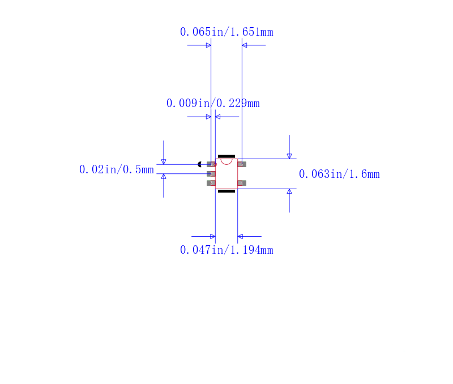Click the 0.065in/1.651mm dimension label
tap(226, 32)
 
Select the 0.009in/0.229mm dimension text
tap(213, 103)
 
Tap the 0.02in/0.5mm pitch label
tap(117, 169)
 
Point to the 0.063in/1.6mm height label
tap(339, 174)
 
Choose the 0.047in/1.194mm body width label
tap(226, 250)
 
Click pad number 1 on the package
tap(211, 164)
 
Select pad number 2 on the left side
tap(211, 174)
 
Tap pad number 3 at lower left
tap(211, 183)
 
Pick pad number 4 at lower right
tap(242, 183)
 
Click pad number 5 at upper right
tap(242, 164)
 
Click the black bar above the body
tap(226, 156)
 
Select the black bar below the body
tap(226, 191)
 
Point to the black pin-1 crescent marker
tap(199, 164)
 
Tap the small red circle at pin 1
tap(215, 164)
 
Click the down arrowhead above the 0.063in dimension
tap(289, 156)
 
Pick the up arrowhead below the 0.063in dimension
tap(289, 191)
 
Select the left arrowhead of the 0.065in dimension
tap(208, 45)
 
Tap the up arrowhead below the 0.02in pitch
tap(164, 176)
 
